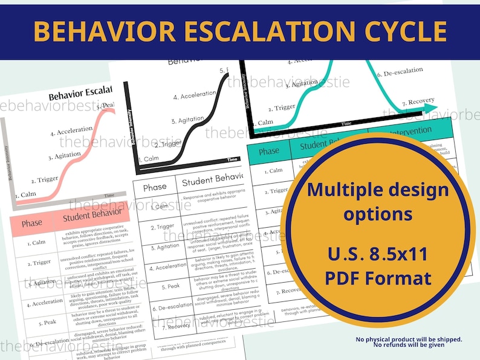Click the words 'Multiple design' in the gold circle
pyautogui.click(x=378, y=190)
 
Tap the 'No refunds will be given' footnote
pyautogui.click(x=409, y=345)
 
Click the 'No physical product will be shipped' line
pyautogui.click(x=409, y=339)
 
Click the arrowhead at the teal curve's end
pyautogui.click(x=430, y=108)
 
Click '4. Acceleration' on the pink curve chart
pyautogui.click(x=71, y=130)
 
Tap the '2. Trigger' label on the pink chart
pyautogui.click(x=44, y=179)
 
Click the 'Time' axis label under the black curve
pyautogui.click(x=232, y=159)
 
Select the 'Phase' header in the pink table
pyautogui.click(x=31, y=223)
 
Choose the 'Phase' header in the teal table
pyautogui.click(x=268, y=151)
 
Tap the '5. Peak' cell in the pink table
pyautogui.click(x=33, y=322)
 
